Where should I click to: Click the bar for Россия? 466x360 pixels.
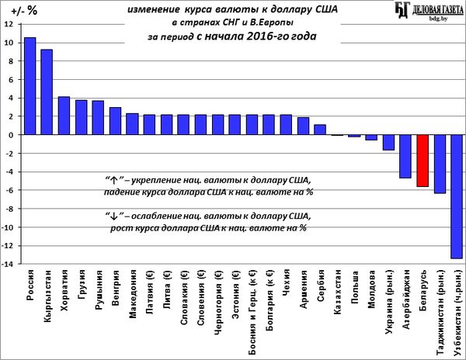coord(30,86)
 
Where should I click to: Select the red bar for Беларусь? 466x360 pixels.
coord(423,161)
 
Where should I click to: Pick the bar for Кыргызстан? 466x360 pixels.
coord(47,92)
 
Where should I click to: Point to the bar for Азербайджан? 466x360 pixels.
coord(405,156)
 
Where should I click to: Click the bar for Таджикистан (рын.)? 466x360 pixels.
coord(440,164)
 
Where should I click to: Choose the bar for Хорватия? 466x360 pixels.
coord(64,116)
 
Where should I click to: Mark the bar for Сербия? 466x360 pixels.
coord(320,130)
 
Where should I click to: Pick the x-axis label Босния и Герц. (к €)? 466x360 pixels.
coord(252,311)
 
